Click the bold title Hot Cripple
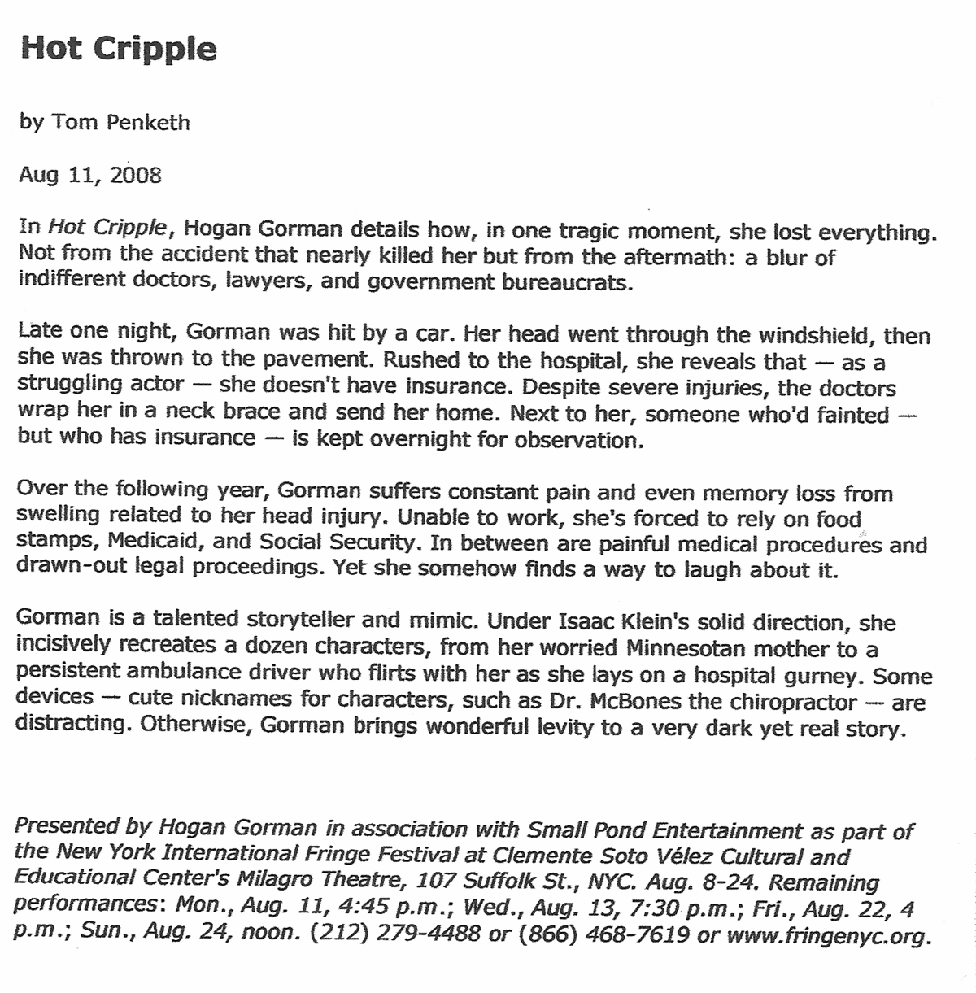(x=119, y=50)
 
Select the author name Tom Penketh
(x=120, y=123)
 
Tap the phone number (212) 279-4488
(x=396, y=934)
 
